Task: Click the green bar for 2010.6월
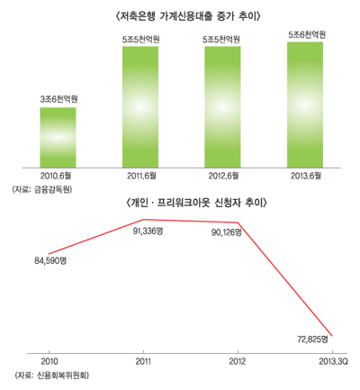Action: (58, 136)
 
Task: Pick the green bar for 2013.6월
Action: (305, 104)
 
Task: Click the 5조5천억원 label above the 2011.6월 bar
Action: (140, 39)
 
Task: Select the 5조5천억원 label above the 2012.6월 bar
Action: (222, 39)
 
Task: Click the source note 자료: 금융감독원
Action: (42, 190)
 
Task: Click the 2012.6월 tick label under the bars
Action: (222, 175)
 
